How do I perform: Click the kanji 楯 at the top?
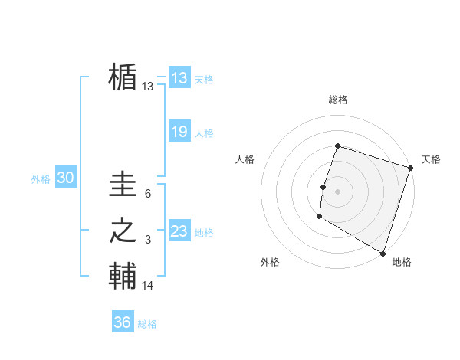tap(123, 77)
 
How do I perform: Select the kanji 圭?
tap(123, 185)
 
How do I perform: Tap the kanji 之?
tap(123, 231)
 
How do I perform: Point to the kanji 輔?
tap(123, 275)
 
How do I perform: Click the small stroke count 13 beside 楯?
tap(148, 87)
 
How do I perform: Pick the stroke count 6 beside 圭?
tap(148, 195)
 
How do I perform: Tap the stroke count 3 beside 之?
tap(148, 241)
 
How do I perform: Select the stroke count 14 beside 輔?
tap(148, 286)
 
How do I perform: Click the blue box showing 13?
tap(179, 77)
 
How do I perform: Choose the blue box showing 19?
tap(179, 132)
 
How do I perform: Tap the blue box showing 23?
tap(179, 231)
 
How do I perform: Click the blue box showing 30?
tap(65, 178)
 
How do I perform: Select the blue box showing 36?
tap(122, 322)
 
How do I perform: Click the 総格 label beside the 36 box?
tap(147, 324)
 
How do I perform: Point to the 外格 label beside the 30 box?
tap(41, 179)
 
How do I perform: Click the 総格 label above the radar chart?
tap(337, 100)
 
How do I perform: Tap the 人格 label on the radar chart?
tap(245, 159)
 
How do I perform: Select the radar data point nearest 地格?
tap(382, 253)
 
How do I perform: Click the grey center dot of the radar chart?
tap(337, 191)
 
